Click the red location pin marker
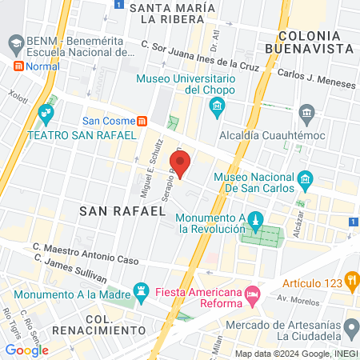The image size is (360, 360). (182, 163)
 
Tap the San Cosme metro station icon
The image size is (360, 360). (142, 121)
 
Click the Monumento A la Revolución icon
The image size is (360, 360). (254, 219)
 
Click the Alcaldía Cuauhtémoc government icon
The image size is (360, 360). (305, 112)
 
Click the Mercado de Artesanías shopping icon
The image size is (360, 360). (350, 325)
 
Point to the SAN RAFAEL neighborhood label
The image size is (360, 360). (122, 210)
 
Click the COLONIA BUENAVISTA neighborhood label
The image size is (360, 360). (315, 42)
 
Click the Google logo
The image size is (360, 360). (26, 350)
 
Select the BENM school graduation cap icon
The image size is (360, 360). (14, 41)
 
